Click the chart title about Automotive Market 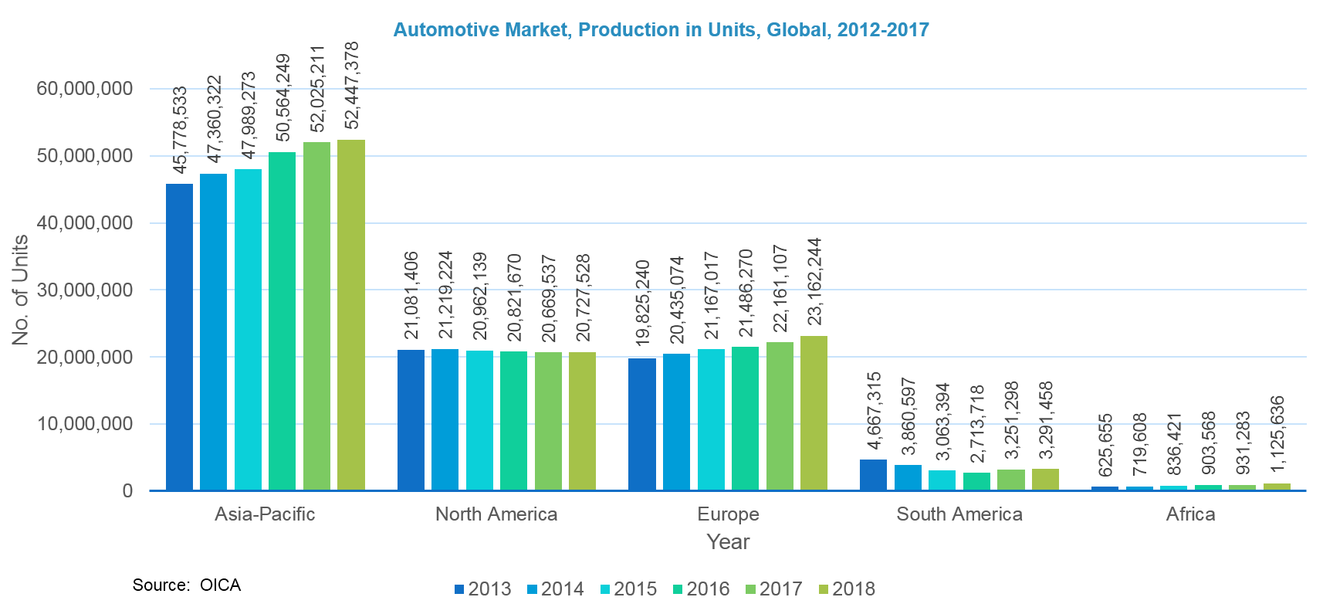[661, 30]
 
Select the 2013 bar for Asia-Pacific [179, 337]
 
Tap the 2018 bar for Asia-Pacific [351, 315]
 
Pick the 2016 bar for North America [513, 421]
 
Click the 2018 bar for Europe [814, 413]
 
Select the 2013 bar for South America [873, 475]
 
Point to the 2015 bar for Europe [711, 419]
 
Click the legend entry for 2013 [483, 589]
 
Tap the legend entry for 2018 [847, 589]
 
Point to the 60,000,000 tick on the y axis [84, 89]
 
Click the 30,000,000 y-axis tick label [84, 290]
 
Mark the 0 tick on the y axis [127, 491]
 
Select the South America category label [959, 514]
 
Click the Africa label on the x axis [1190, 514]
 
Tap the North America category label [496, 514]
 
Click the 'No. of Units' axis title [20, 290]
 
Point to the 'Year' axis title [728, 542]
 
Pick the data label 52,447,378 [351, 86]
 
